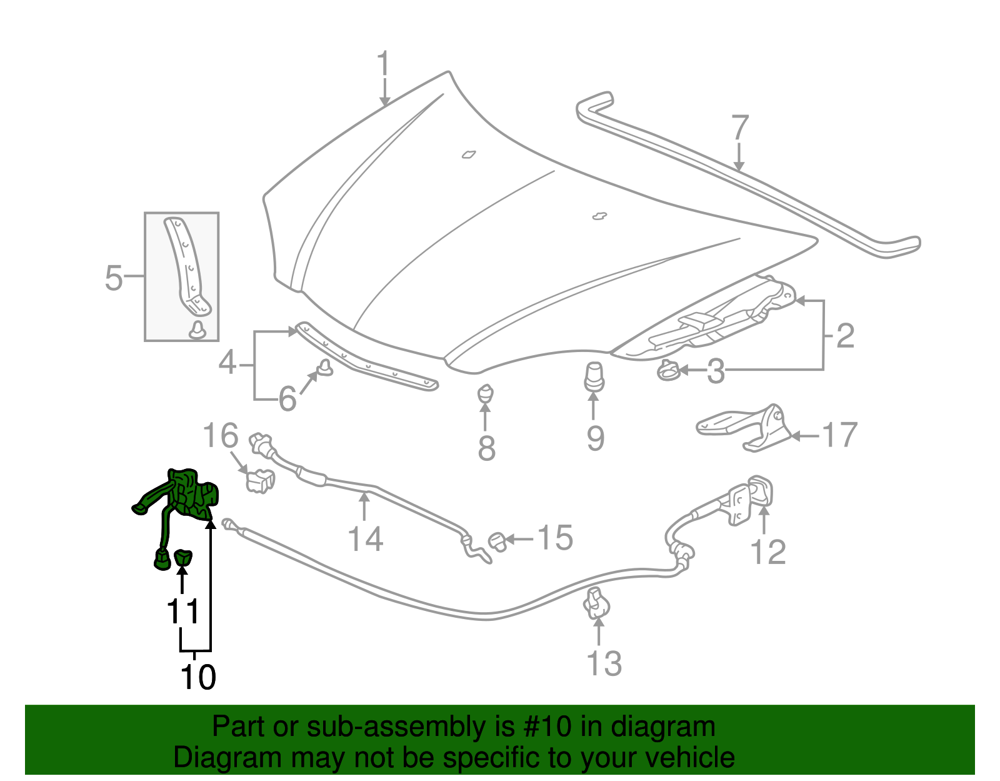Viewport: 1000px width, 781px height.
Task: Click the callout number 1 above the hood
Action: pyautogui.click(x=383, y=66)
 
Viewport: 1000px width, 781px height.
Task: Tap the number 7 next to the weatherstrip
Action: pyautogui.click(x=739, y=128)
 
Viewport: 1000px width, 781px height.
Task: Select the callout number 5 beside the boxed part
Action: pyautogui.click(x=114, y=278)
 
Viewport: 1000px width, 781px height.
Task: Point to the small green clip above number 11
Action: pyautogui.click(x=183, y=557)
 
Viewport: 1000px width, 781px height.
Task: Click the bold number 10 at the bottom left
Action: pyautogui.click(x=197, y=677)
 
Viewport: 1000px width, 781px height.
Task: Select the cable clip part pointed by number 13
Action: pyautogui.click(x=597, y=604)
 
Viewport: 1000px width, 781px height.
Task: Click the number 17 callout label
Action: pyautogui.click(x=839, y=435)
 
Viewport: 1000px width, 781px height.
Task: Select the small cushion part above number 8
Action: pyautogui.click(x=486, y=395)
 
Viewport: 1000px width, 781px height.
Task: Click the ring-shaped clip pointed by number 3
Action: pyautogui.click(x=667, y=371)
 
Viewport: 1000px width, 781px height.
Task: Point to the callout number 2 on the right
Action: pyautogui.click(x=844, y=336)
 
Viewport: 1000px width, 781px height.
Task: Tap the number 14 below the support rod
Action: pyautogui.click(x=365, y=538)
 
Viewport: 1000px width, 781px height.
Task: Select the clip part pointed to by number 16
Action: pyautogui.click(x=260, y=481)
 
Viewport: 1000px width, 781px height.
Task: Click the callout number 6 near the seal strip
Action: pyautogui.click(x=287, y=398)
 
